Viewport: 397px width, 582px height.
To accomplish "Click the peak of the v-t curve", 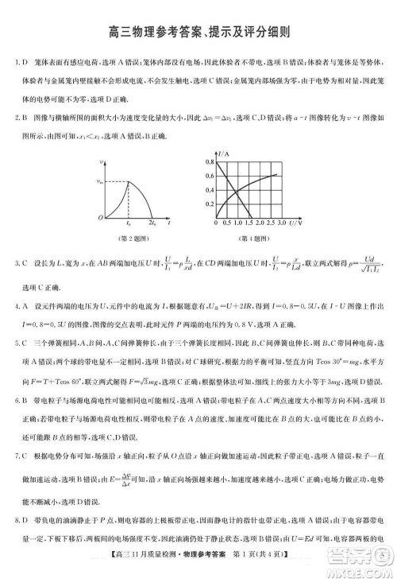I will [x=129, y=182].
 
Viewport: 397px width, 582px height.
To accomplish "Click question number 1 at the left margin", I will [x=17, y=61].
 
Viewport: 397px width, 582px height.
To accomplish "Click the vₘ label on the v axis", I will [x=100, y=182].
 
